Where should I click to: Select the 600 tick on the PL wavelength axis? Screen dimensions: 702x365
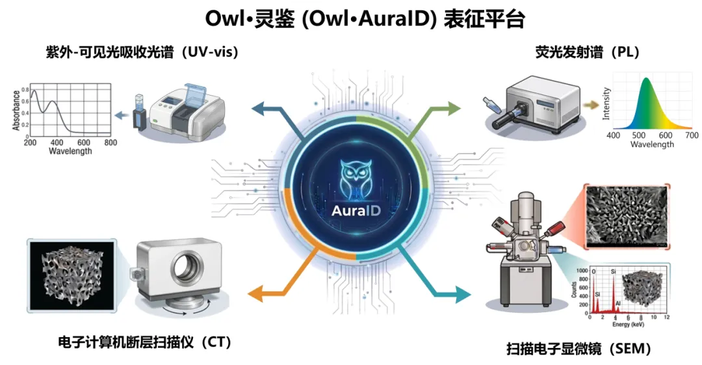click(x=666, y=135)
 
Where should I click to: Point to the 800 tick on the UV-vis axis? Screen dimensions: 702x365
click(x=110, y=142)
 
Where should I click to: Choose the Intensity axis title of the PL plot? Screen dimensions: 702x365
click(x=606, y=103)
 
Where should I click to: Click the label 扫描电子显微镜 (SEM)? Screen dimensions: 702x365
click(x=578, y=349)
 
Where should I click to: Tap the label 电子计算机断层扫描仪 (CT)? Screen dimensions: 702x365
click(x=144, y=342)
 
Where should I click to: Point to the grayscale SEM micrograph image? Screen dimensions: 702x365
click(x=626, y=215)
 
